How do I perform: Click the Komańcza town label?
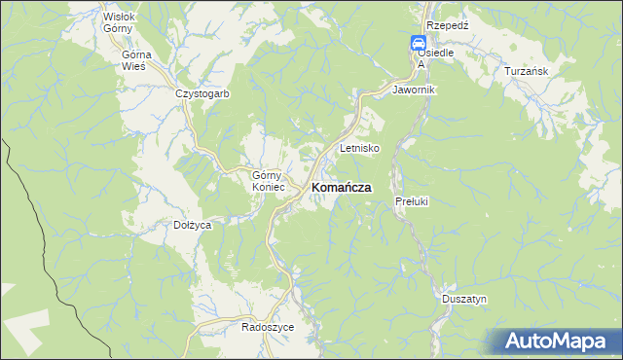coord(341,188)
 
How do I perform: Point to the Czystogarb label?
coord(202,94)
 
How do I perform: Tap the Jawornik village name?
coord(414,90)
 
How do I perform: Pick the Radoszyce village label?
coord(268,327)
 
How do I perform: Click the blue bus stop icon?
coord(418,43)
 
